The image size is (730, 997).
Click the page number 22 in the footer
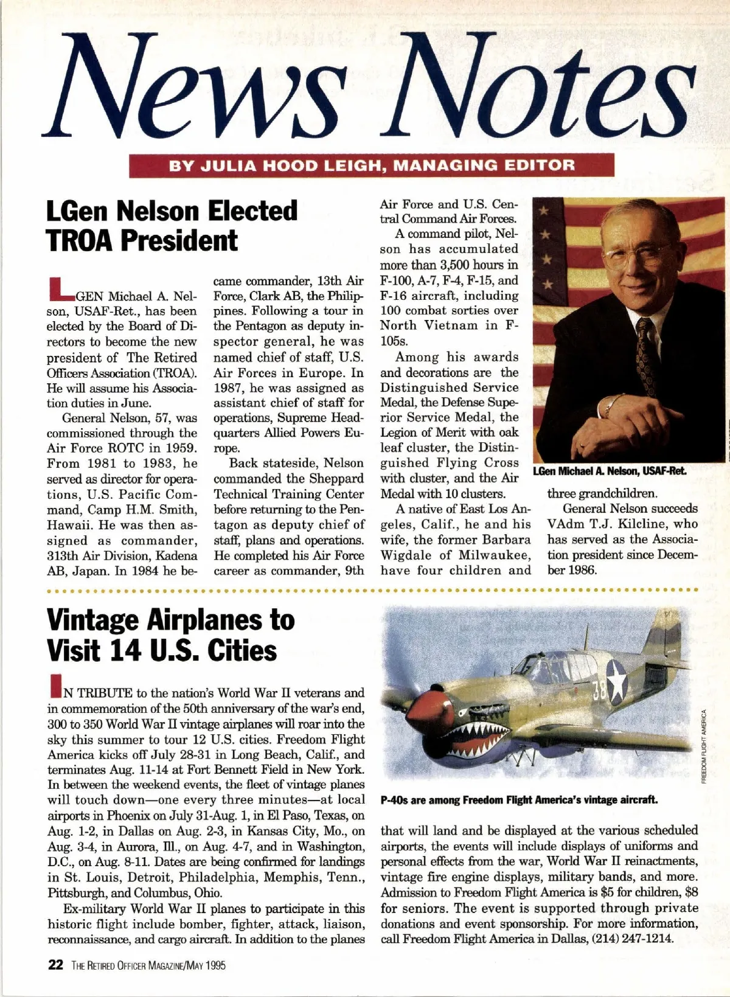pos(55,965)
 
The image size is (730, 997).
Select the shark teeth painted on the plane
pos(473,737)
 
